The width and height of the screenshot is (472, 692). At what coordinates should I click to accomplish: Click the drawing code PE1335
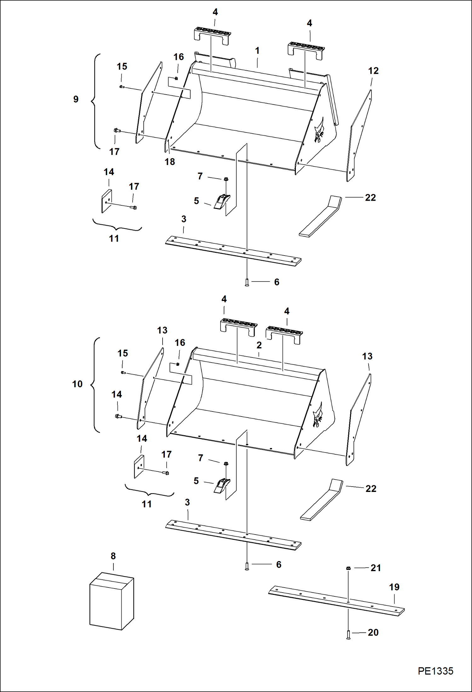coord(435,671)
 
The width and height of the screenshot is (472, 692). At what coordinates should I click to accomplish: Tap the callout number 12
coord(373,71)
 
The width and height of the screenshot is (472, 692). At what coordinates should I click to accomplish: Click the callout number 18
coord(170,162)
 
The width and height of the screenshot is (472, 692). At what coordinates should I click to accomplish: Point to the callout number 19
coord(394,587)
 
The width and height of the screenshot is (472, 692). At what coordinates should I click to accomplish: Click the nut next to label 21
coord(348,568)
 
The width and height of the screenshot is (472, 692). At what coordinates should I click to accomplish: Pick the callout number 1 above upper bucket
coord(257,51)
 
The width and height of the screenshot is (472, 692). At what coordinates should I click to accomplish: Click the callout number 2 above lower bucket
coord(259,345)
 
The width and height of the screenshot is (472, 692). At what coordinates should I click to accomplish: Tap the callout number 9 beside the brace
coord(76,99)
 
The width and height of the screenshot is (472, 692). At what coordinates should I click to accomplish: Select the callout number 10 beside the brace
coord(77,384)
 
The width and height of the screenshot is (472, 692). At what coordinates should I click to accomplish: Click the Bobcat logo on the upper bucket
coord(319,131)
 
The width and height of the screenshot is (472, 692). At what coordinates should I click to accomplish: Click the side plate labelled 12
coord(360,136)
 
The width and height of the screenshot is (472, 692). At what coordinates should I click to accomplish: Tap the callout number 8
coord(113,556)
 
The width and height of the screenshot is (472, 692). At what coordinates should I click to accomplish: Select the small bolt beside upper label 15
coord(122,86)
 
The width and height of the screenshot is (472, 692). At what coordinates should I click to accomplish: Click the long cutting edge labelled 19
coord(336,601)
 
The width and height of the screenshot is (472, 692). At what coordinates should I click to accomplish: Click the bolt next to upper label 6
coord(247,282)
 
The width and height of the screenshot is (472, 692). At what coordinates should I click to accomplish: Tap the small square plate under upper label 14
coord(106,201)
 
